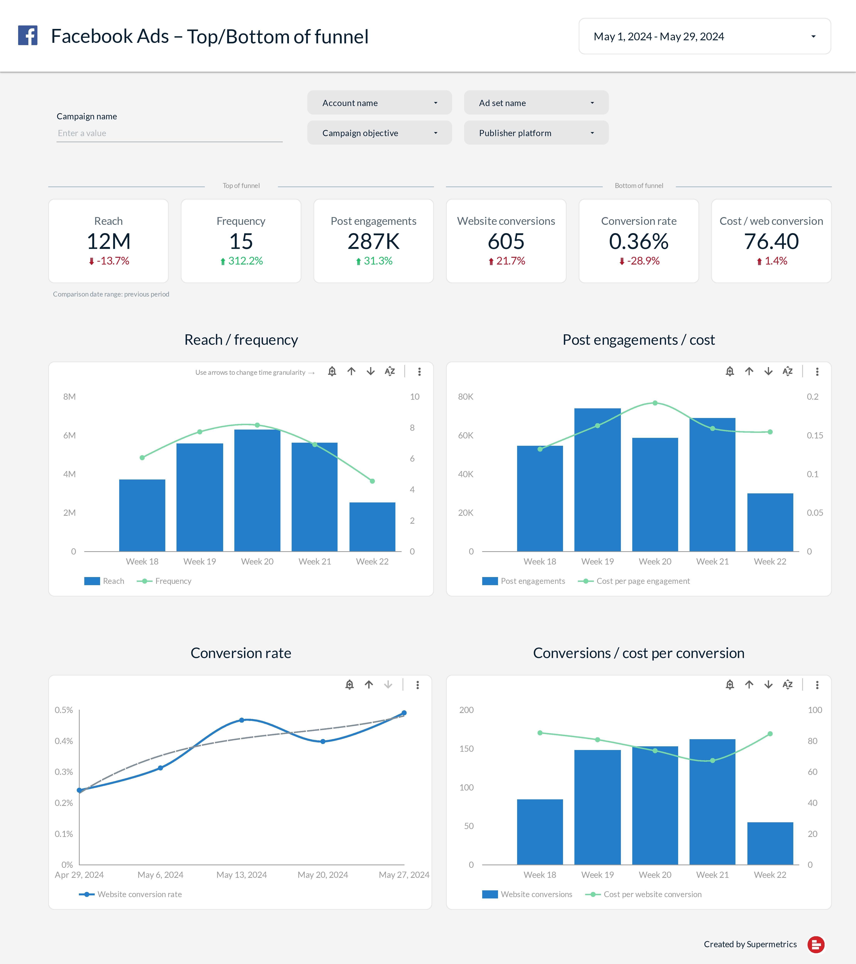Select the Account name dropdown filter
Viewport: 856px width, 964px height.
click(x=379, y=103)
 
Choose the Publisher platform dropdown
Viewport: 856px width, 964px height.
click(x=536, y=133)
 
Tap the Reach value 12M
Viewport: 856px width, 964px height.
click(x=109, y=241)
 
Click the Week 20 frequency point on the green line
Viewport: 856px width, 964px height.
click(x=257, y=425)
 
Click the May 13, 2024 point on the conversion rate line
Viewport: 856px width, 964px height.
click(x=242, y=720)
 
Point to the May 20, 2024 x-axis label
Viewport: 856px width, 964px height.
click(x=323, y=875)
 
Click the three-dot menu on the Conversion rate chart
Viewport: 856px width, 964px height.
click(x=418, y=685)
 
